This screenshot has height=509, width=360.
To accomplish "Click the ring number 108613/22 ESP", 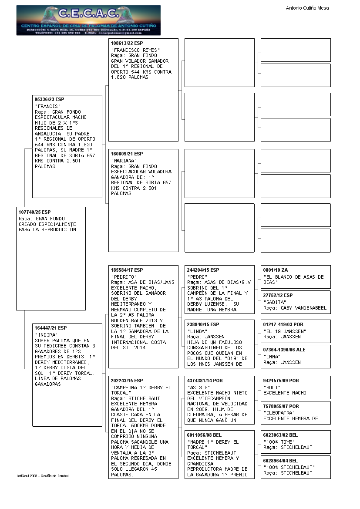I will click(127, 44).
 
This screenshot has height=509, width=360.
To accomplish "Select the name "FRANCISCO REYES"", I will click(135, 50).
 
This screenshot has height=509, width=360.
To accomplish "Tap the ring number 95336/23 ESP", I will click(49, 100).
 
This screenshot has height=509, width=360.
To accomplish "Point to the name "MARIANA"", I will click(124, 161).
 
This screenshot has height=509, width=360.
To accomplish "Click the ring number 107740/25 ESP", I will click(34, 212).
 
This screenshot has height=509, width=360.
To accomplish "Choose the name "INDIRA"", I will click(46, 335).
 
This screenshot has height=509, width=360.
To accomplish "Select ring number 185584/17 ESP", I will click(127, 270).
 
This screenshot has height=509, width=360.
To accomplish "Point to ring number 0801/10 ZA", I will click(276, 270).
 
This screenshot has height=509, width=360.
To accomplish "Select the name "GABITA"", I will click(275, 302).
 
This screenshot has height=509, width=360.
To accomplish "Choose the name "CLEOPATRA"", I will click(279, 413).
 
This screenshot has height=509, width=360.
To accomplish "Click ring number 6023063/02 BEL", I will click(281, 435).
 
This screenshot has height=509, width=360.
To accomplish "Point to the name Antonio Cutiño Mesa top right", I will click(307, 8).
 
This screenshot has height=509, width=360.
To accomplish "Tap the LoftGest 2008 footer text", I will click(43, 476).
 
